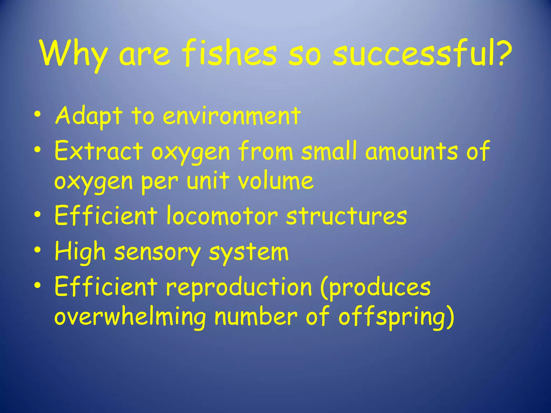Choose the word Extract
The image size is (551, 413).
98,151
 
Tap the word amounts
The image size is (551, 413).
411,151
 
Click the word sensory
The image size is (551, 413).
157,253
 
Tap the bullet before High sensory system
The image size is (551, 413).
38,250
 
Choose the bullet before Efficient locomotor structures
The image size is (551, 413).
38,214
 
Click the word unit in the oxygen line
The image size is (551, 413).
208,181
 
